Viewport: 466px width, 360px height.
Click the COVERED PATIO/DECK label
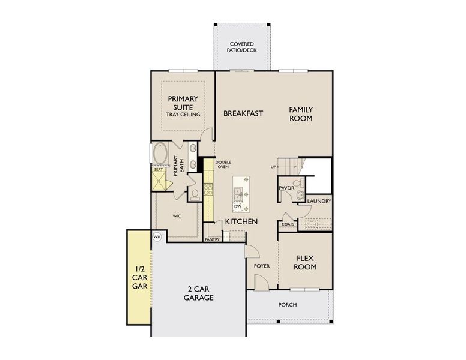(x=241, y=47)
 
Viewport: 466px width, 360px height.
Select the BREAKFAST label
(x=243, y=113)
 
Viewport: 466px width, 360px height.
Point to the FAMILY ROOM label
(x=301, y=113)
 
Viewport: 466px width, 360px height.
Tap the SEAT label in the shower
(x=159, y=170)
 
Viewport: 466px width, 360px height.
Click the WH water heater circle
(x=157, y=237)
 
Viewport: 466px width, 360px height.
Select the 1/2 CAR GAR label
(x=138, y=278)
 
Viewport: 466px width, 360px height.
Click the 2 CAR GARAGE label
(x=199, y=292)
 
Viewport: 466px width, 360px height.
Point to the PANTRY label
(x=212, y=239)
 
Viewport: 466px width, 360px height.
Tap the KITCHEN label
(x=241, y=221)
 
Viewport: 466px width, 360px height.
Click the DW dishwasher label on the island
(x=238, y=206)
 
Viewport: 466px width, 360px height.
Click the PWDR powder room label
(x=286, y=188)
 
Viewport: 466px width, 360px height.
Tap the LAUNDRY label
(x=319, y=201)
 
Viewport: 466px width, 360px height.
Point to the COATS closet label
(x=288, y=224)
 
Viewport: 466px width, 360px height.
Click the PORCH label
(x=288, y=304)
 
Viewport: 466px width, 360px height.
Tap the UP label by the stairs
(x=273, y=167)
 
